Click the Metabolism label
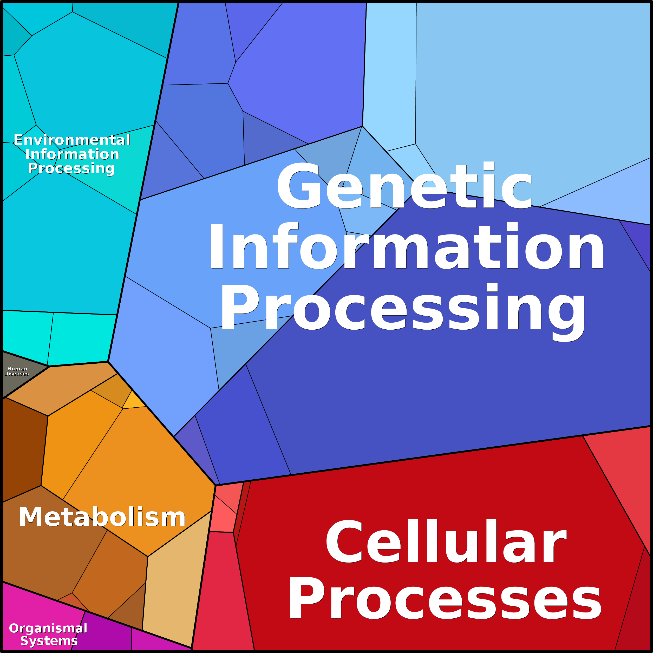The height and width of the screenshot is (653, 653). pyautogui.click(x=102, y=517)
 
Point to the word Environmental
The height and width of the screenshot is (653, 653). pyautogui.click(x=72, y=140)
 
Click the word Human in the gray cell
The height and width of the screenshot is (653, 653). pyautogui.click(x=17, y=369)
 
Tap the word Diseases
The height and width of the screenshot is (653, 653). pyautogui.click(x=17, y=374)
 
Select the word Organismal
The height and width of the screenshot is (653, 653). pyautogui.click(x=48, y=628)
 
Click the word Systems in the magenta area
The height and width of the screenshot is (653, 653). pyautogui.click(x=49, y=641)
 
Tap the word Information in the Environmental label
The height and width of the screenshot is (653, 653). pyautogui.click(x=72, y=154)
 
